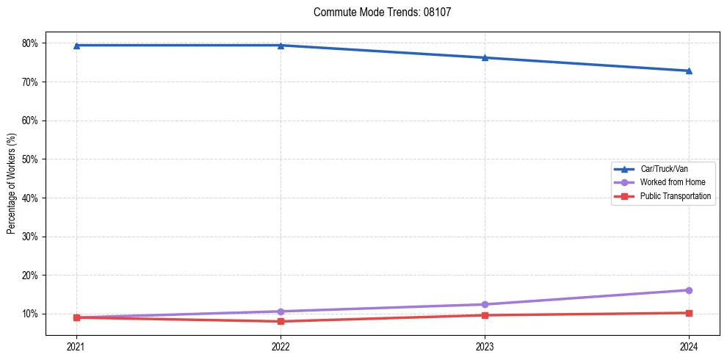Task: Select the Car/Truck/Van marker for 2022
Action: click(281, 46)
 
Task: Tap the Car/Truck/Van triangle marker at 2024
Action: click(689, 71)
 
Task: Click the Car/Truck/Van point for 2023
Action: click(485, 57)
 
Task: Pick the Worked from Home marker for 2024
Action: click(689, 290)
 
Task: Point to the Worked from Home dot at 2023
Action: click(485, 304)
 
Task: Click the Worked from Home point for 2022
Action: click(281, 312)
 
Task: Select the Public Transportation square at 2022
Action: click(281, 321)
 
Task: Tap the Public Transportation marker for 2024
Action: click(689, 313)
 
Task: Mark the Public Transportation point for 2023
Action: click(485, 315)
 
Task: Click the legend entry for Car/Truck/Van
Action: click(664, 169)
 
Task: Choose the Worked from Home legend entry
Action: click(673, 182)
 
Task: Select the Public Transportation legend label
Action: click(676, 196)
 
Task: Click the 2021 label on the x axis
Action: click(76, 345)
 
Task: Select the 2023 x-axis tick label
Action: click(485, 345)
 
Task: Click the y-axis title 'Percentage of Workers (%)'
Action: click(12, 184)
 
